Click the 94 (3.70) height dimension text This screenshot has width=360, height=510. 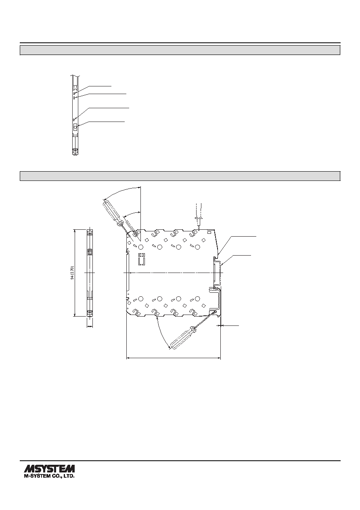point(72,273)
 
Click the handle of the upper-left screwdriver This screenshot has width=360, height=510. point(111,211)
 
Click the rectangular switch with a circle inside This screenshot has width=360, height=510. point(75,127)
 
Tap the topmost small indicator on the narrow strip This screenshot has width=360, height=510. point(74,93)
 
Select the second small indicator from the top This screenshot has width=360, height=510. point(74,98)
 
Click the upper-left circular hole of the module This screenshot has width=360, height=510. point(140,247)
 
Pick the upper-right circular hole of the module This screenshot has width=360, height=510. point(197,247)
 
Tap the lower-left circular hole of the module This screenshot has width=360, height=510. point(140,298)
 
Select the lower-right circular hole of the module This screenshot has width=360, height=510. point(197,298)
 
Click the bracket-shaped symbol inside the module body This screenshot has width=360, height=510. point(142,259)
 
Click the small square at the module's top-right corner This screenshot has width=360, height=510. point(209,232)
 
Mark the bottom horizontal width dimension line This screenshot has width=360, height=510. point(174,358)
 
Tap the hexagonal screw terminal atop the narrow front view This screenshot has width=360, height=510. point(90,232)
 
